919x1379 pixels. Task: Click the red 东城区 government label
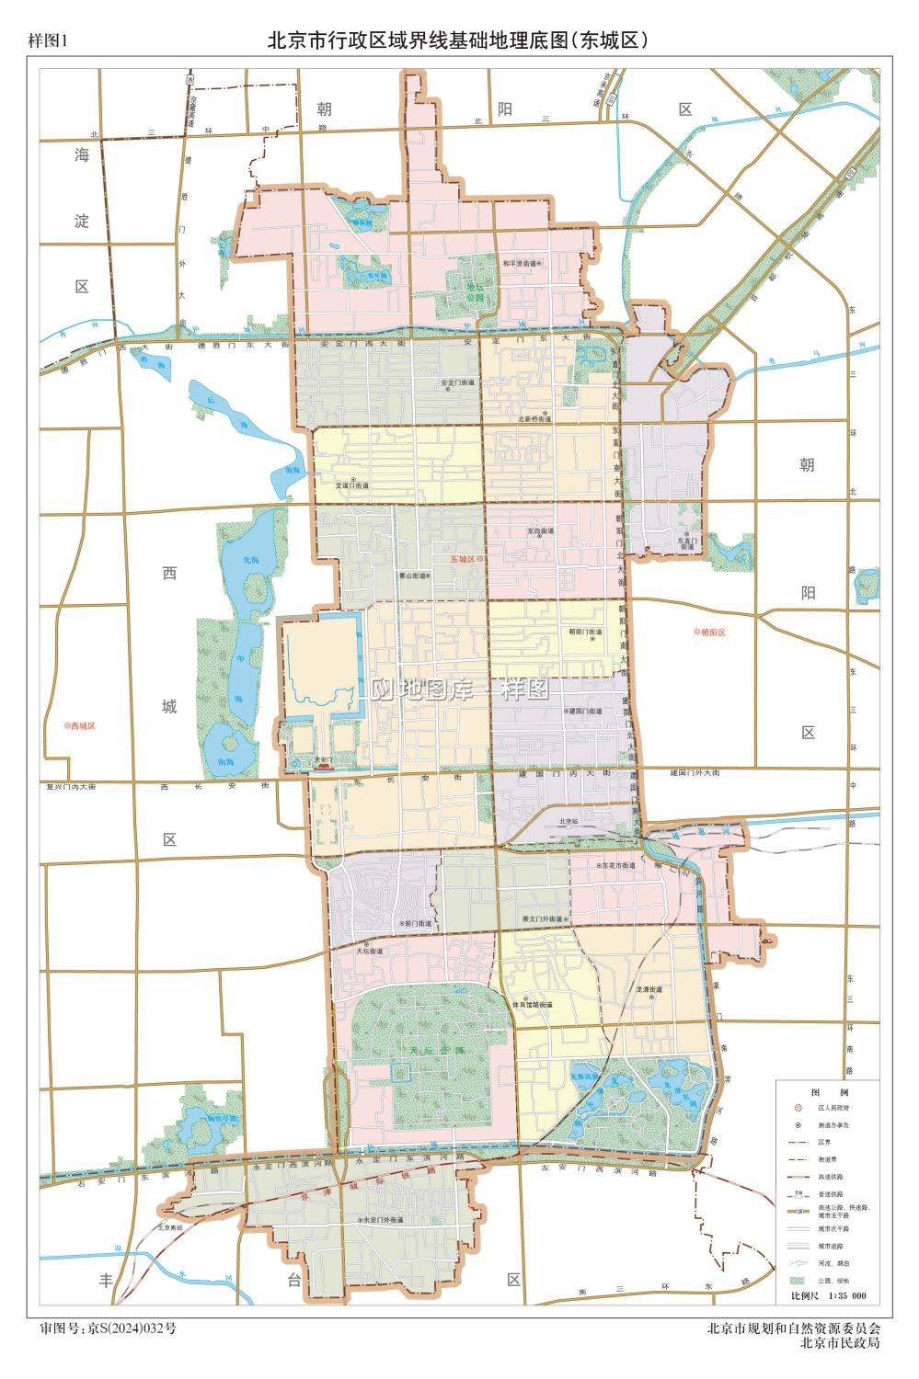[x=462, y=559]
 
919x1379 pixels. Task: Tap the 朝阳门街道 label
[x=585, y=633]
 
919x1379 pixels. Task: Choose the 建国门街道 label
[x=585, y=712]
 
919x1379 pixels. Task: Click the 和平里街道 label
[x=520, y=263]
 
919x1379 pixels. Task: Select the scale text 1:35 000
[x=847, y=1296]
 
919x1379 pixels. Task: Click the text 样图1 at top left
[x=49, y=40]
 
